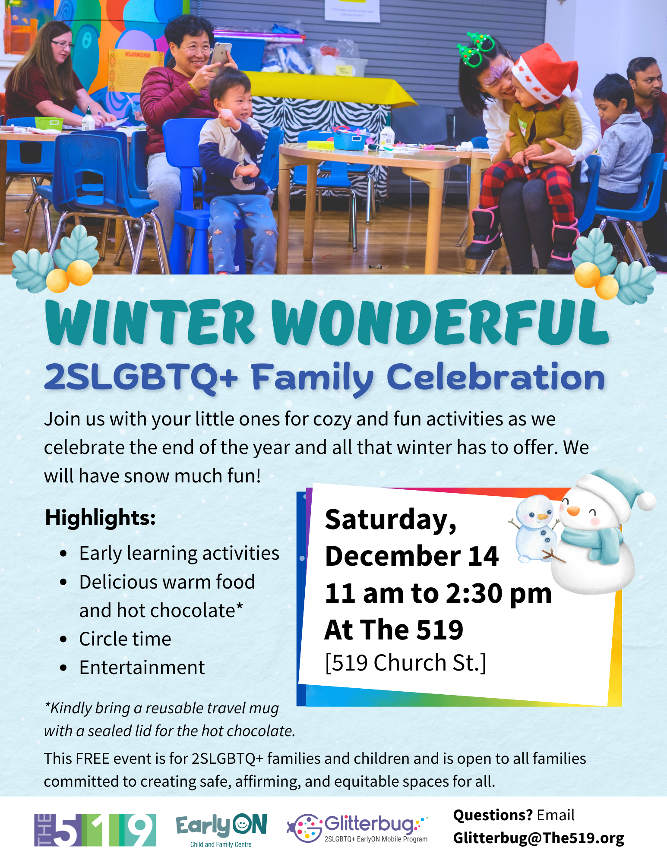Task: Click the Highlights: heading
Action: point(100,517)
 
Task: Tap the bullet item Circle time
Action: point(125,639)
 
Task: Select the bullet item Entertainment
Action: point(142,668)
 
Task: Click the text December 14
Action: point(412,556)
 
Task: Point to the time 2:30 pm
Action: point(499,594)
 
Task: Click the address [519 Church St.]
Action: point(405,663)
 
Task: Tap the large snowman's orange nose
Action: point(573,511)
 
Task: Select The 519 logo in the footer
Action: point(95,830)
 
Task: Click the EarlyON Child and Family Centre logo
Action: point(221,831)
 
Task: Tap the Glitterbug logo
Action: point(357,828)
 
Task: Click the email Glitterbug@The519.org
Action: point(538,838)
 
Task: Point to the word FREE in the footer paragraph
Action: point(92,759)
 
